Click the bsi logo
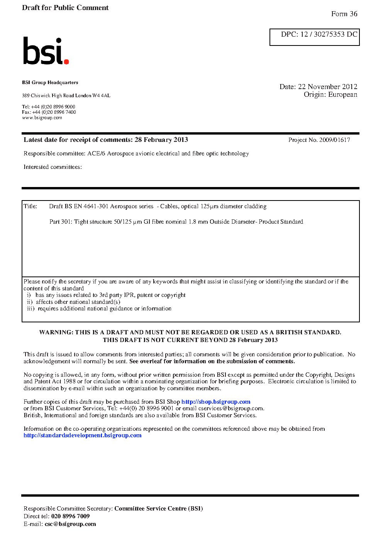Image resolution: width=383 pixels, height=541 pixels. [x=46, y=51]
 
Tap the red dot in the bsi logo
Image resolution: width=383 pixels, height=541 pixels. [x=66, y=61]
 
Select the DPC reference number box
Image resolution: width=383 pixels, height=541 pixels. [x=314, y=37]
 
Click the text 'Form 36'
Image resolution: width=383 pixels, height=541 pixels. [x=344, y=14]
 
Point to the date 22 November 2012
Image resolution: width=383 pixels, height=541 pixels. [x=327, y=87]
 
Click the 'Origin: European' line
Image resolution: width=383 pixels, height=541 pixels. [x=330, y=95]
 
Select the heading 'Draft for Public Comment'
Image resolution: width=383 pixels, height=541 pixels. [x=65, y=8]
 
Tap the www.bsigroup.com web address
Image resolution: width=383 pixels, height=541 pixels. [x=42, y=118]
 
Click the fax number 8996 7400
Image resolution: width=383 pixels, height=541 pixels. [x=65, y=112]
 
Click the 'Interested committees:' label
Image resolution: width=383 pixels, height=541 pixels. [x=53, y=167]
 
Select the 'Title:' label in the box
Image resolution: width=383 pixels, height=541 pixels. [x=31, y=206]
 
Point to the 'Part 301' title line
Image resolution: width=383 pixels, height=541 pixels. [x=176, y=222]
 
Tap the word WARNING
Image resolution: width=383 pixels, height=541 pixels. [x=56, y=332]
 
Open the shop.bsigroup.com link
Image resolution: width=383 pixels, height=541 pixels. [x=216, y=402]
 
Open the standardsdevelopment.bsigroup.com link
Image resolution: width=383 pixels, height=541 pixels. [x=82, y=435]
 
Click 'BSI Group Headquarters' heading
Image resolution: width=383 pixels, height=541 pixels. [x=50, y=83]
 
